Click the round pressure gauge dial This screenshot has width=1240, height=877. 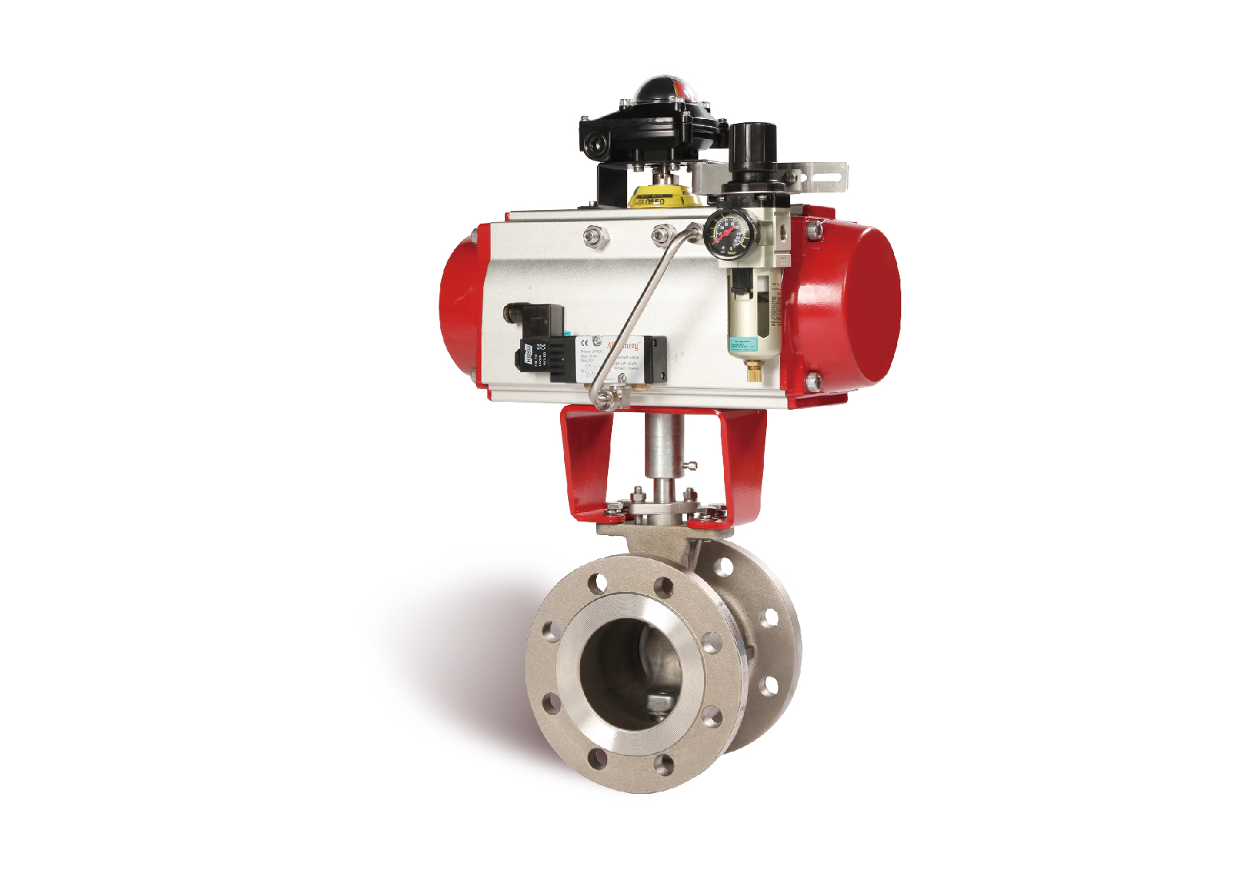725,232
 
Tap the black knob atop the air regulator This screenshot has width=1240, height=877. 753,144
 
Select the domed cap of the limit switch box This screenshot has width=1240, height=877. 665,89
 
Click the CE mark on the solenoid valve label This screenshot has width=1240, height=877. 585,343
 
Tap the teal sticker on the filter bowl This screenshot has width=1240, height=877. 742,343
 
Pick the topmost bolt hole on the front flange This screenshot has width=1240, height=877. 663,586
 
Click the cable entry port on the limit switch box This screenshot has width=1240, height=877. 592,145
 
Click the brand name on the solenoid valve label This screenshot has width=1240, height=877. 623,344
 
